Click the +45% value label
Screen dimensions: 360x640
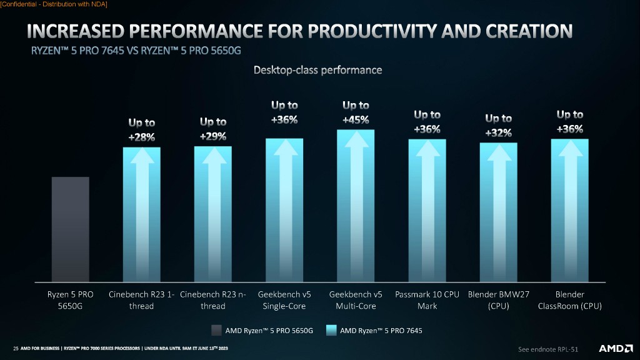click(x=356, y=120)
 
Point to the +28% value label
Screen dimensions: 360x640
click(x=142, y=137)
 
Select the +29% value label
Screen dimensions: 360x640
click(x=213, y=136)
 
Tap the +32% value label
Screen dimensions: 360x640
click(x=498, y=132)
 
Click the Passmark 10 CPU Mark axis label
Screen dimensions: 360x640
click(x=427, y=300)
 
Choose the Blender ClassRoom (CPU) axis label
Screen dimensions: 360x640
click(x=569, y=300)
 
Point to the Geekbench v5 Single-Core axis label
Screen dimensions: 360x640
click(x=284, y=300)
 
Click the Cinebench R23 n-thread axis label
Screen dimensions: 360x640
click(x=213, y=300)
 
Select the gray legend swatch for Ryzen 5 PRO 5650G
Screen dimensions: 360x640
click(x=216, y=330)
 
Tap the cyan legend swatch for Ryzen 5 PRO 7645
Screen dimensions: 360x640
click(x=332, y=330)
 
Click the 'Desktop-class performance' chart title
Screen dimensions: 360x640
click(x=317, y=70)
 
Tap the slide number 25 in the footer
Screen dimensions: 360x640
click(x=16, y=347)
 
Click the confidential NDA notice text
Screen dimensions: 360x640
click(x=54, y=5)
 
